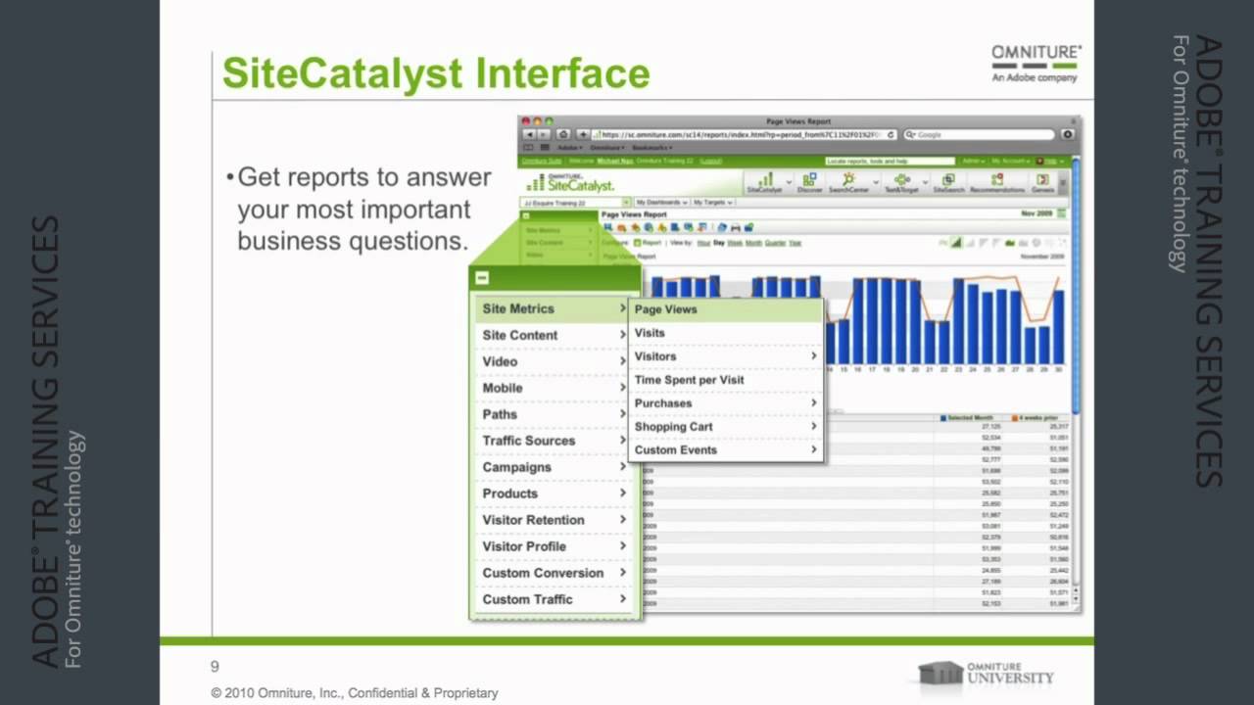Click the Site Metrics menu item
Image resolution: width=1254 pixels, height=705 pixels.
518,308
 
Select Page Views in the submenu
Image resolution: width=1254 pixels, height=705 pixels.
666,309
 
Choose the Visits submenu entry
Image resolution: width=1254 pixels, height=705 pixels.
650,333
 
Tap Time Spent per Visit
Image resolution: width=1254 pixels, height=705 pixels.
689,380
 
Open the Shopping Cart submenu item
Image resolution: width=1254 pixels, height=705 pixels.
674,427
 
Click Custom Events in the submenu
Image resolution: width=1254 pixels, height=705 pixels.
676,450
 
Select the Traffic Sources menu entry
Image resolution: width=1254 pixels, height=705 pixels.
529,441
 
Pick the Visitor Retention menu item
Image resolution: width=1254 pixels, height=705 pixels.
533,520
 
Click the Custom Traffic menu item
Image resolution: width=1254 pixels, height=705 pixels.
527,599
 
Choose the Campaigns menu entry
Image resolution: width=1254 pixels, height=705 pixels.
516,467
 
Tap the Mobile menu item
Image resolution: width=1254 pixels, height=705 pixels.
503,388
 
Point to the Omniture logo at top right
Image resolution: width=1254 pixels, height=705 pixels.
1037,62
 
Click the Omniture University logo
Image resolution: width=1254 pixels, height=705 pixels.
986,673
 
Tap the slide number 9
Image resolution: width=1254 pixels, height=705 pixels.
216,667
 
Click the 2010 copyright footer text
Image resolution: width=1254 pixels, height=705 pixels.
355,693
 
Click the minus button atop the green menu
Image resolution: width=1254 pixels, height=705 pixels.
482,278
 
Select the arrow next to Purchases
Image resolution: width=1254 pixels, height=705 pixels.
813,403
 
